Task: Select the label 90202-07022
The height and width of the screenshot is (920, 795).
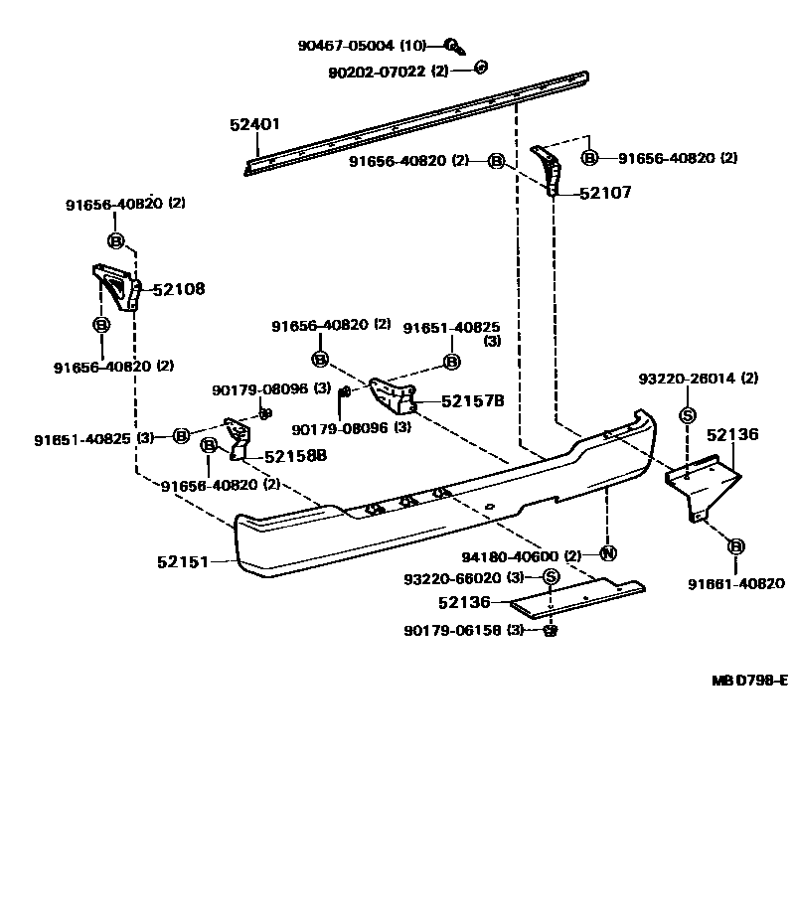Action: (x=378, y=71)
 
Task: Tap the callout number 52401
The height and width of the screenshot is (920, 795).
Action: (x=255, y=125)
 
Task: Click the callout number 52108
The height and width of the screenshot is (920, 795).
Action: (x=178, y=289)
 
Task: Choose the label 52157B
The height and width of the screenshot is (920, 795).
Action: (x=472, y=401)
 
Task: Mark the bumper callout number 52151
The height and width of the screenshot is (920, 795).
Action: (x=183, y=562)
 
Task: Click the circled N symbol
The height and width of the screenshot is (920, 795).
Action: (x=607, y=553)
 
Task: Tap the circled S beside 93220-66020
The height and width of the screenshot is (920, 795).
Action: (x=550, y=578)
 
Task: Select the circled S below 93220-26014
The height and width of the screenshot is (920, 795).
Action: (x=687, y=415)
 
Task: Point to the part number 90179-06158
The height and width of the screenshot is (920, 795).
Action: (x=452, y=630)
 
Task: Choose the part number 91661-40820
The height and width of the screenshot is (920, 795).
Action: (x=736, y=584)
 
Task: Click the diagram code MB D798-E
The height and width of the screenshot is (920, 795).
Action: (x=749, y=680)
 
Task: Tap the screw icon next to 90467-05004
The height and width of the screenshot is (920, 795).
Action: (x=452, y=46)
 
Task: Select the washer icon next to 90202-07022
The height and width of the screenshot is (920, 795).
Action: (x=481, y=68)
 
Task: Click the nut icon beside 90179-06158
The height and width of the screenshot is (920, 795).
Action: (x=551, y=630)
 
